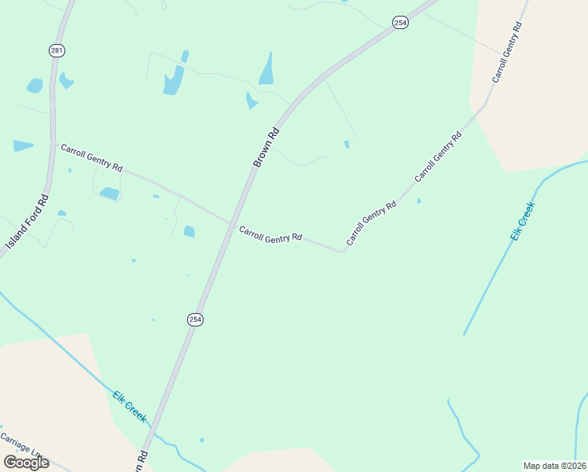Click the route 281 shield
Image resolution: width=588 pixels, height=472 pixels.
[x=56, y=50]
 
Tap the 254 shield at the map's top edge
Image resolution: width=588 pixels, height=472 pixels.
[x=401, y=23]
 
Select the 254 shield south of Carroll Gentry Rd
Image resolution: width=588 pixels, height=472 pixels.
[x=195, y=319]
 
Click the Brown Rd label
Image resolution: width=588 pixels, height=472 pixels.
[x=266, y=146]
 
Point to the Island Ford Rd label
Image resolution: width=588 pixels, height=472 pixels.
[x=28, y=223]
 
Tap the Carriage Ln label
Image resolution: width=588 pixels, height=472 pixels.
[x=20, y=444]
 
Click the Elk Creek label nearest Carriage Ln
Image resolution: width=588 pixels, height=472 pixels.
[x=129, y=406]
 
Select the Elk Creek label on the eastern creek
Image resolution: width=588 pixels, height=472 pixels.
[x=522, y=221]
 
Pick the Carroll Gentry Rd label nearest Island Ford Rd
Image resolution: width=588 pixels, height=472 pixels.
[x=92, y=157]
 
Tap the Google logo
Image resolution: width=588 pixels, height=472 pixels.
[x=27, y=462]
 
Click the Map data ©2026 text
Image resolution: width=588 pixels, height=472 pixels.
[x=554, y=466]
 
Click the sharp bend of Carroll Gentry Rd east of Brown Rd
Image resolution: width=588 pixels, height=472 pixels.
[x=342, y=251]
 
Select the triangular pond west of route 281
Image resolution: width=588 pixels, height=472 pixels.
[x=23, y=146]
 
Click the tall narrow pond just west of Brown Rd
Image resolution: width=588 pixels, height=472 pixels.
[x=266, y=69]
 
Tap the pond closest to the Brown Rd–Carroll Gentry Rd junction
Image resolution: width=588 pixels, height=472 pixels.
[x=189, y=230]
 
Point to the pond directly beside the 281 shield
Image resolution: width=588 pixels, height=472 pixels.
[x=66, y=80]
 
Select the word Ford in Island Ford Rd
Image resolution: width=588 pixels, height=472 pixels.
[x=31, y=218]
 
